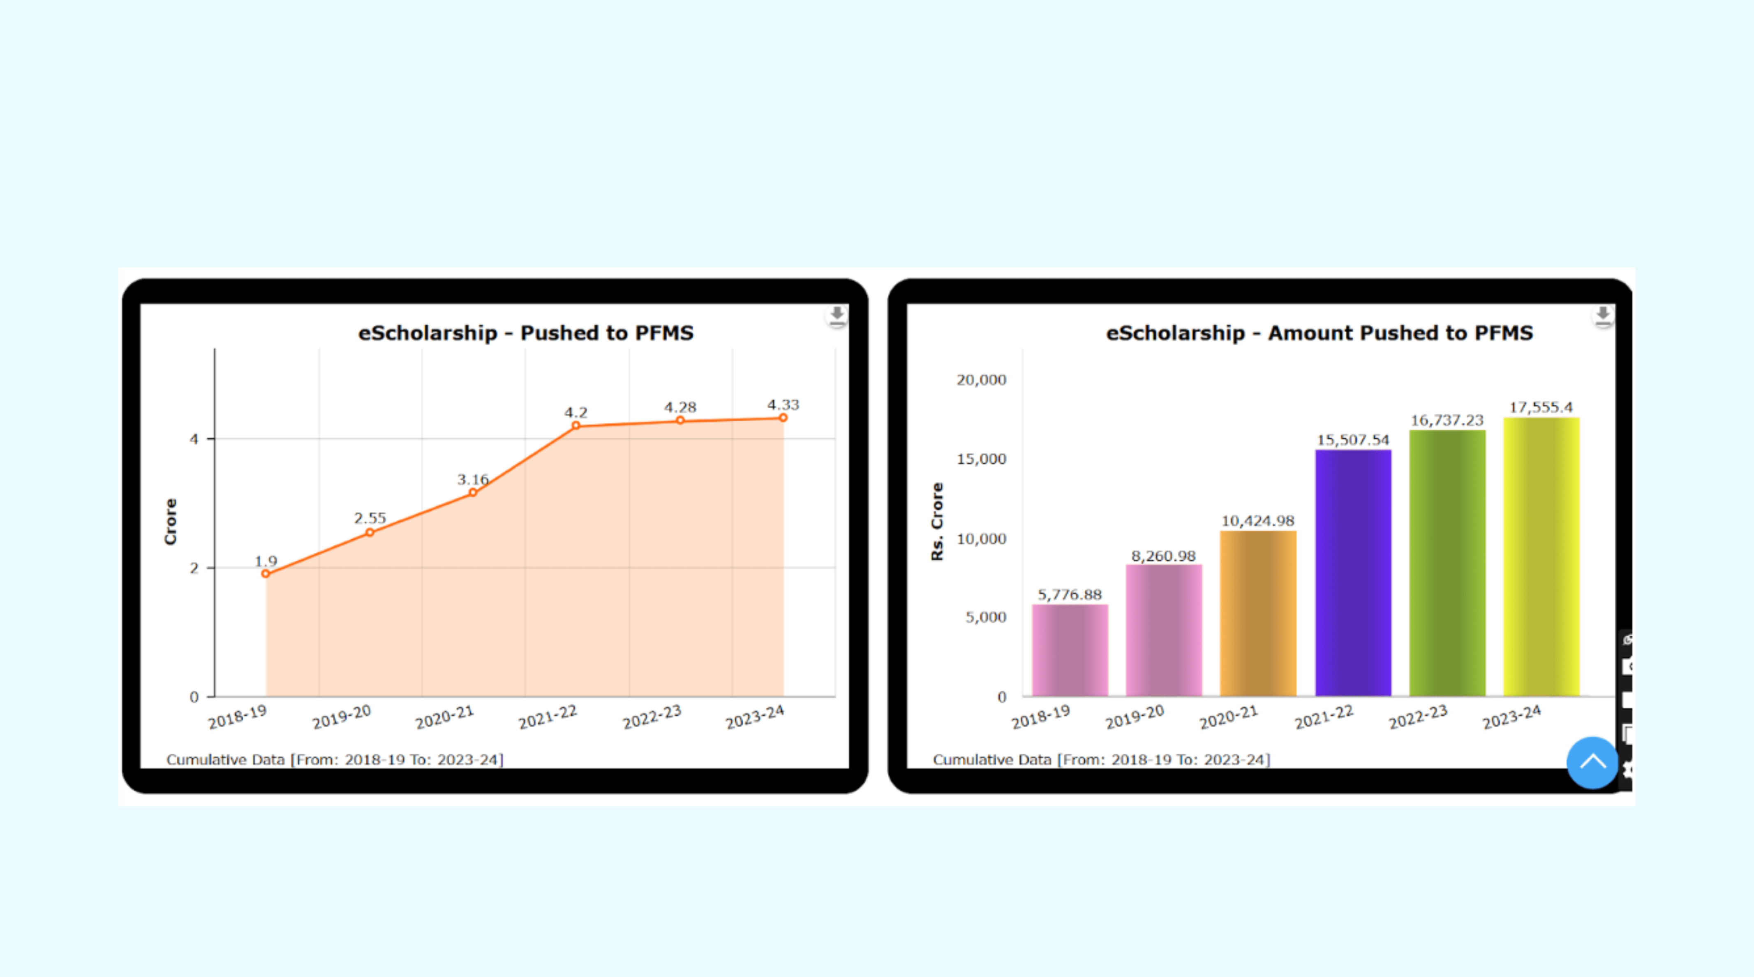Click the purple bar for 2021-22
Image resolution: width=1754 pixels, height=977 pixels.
click(1352, 572)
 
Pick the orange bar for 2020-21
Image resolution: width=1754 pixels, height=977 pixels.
click(1257, 613)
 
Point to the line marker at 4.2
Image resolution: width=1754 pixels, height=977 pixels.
click(576, 426)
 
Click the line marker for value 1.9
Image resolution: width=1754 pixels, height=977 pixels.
click(266, 574)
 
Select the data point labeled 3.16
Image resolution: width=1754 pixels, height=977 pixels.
click(473, 492)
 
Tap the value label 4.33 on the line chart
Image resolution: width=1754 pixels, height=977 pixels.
click(783, 405)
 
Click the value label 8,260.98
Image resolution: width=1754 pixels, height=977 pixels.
click(1163, 556)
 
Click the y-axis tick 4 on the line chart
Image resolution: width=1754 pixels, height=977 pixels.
click(194, 439)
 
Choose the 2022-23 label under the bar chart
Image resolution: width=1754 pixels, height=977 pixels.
click(1418, 717)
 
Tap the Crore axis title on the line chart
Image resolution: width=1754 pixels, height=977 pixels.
click(170, 522)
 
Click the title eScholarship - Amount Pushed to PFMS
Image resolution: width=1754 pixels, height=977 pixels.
click(1319, 333)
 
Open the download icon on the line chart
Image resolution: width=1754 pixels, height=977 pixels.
click(837, 316)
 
